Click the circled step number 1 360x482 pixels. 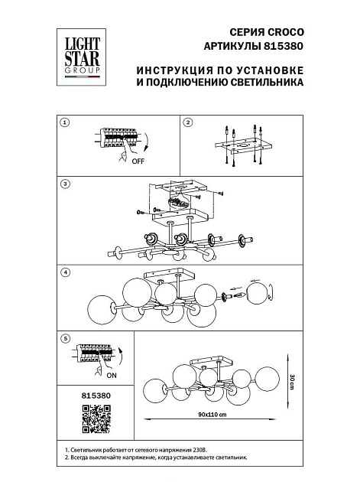point(65,123)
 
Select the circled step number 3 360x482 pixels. point(65,184)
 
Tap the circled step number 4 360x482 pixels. point(65,272)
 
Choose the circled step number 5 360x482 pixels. point(65,338)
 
